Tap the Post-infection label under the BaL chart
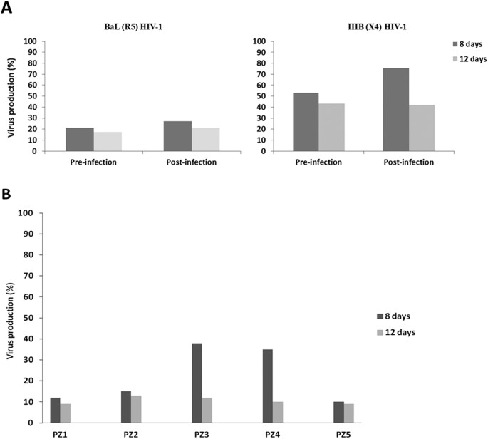(x=191, y=162)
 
